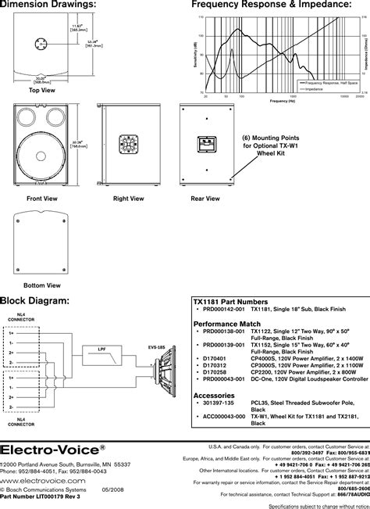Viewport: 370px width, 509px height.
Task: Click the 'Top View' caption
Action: pos(41,90)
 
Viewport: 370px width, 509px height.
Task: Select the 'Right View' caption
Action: pos(128,199)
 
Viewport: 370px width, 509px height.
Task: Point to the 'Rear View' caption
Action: pos(204,199)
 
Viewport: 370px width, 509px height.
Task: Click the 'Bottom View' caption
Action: pos(41,285)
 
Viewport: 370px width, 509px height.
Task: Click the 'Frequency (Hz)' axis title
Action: pos(282,101)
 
